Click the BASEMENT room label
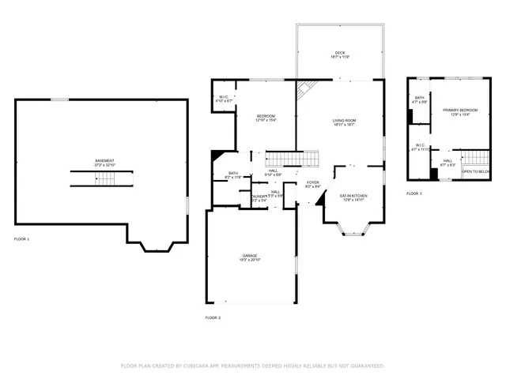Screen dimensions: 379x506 coord(104,161)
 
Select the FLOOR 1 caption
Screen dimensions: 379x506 coord(21,238)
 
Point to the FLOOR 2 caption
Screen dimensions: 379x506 coord(213,317)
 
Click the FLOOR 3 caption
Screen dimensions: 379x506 coord(414,193)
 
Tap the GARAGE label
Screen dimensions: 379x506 coord(250,257)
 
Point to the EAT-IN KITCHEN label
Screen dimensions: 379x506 coord(353,196)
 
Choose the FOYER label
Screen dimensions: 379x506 coord(312,183)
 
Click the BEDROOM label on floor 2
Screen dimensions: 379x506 coord(266,117)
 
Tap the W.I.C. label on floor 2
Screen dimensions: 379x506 coord(225,99)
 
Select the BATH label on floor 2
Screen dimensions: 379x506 coord(233,174)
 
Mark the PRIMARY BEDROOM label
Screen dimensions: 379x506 coord(456,111)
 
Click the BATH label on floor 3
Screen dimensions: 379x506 coord(419,99)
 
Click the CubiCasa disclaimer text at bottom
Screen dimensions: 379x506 coord(252,366)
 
